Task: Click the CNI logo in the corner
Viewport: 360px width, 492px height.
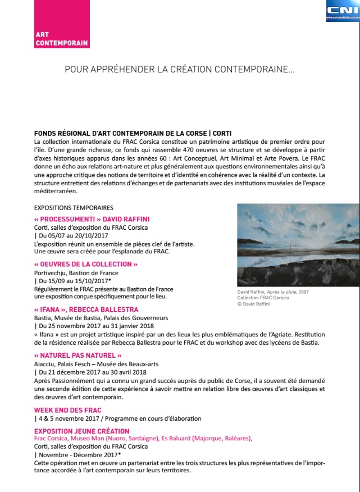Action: point(343,11)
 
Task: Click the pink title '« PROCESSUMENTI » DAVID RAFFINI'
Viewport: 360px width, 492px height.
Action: point(92,218)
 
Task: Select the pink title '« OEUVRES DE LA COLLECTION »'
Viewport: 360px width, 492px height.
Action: point(86,264)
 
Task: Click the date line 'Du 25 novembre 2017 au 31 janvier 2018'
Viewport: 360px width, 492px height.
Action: point(97,326)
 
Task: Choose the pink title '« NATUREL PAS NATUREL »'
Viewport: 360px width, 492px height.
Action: point(78,355)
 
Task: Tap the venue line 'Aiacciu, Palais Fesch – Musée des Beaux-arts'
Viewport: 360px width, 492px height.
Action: point(97,363)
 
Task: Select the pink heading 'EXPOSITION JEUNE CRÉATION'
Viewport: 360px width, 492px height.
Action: point(82,431)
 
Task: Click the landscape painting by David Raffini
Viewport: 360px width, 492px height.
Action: point(298,245)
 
